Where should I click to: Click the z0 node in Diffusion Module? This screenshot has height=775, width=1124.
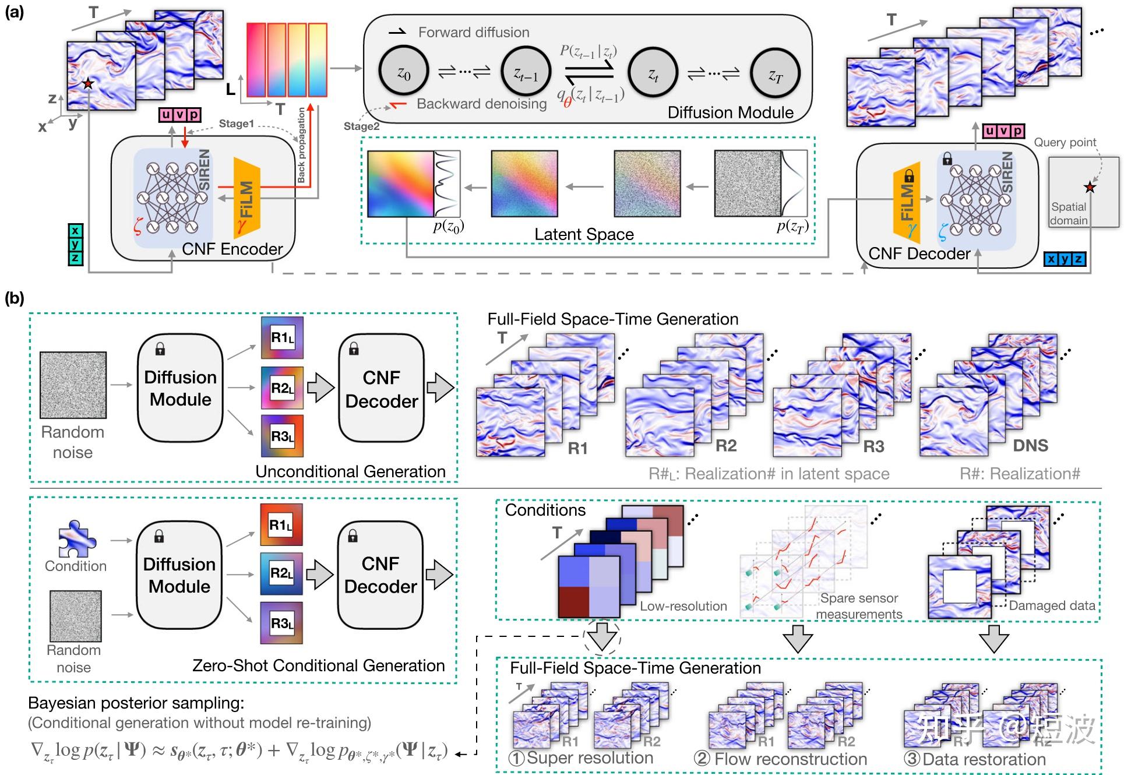[404, 72]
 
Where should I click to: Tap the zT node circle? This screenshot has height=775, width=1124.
[774, 73]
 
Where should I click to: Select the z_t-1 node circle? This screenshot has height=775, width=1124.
[526, 72]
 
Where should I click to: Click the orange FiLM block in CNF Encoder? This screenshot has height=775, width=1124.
[246, 199]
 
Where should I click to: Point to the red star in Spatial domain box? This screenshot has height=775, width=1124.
[1089, 188]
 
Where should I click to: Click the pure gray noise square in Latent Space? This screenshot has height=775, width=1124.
[748, 183]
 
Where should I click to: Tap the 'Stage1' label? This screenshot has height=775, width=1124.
[236, 124]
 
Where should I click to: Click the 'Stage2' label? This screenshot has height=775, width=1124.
[361, 126]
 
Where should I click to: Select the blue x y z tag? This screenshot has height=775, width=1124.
[1065, 259]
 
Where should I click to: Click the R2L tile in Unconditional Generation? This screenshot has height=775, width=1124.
[282, 388]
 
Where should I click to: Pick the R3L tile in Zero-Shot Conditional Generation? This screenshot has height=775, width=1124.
[281, 623]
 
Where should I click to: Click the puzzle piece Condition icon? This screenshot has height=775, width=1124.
[76, 540]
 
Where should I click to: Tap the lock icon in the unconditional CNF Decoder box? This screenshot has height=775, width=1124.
[353, 348]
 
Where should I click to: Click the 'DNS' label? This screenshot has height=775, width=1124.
[1030, 446]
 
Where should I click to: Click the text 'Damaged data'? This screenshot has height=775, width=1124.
[1052, 605]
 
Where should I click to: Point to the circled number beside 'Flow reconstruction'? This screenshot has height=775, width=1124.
[702, 759]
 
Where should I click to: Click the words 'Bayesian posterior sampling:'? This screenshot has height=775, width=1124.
[136, 703]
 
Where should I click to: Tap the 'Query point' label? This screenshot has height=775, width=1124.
[1065, 142]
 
